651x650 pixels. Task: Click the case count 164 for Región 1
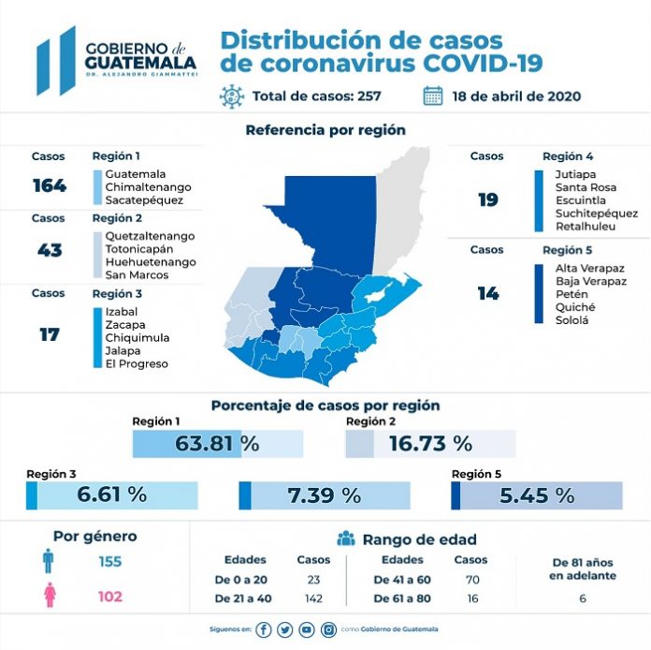(49, 185)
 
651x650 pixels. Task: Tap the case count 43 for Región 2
(49, 250)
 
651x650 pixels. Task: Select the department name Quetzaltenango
(151, 236)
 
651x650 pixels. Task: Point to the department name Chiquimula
(137, 337)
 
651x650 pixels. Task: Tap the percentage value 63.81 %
(217, 444)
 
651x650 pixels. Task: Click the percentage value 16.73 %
(430, 444)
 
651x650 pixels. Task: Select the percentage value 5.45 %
(537, 495)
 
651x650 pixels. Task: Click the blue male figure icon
(48, 562)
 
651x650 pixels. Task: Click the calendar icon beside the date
(432, 96)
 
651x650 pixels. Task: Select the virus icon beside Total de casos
(231, 96)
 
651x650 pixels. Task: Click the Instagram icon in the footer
(328, 630)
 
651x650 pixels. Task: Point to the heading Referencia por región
(325, 130)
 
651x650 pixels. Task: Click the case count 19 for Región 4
(487, 199)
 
